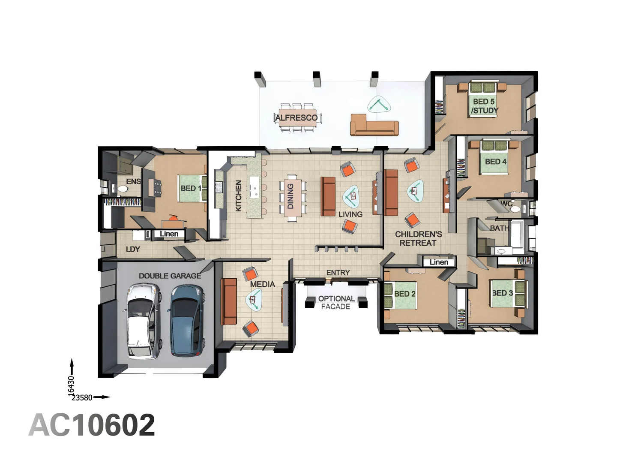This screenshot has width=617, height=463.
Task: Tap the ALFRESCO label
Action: [296, 117]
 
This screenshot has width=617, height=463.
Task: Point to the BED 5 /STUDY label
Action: [484, 106]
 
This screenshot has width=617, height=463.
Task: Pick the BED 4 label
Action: [496, 161]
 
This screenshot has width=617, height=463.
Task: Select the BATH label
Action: [499, 228]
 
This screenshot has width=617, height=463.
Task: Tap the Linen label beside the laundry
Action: [169, 234]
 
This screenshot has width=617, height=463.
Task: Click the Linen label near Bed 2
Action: [438, 262]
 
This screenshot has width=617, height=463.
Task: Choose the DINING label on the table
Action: [291, 196]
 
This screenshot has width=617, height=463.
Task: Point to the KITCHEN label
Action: [238, 195]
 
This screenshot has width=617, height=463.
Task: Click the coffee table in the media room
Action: [254, 299]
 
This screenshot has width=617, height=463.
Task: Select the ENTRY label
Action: [338, 272]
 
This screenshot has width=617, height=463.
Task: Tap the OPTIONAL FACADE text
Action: [336, 303]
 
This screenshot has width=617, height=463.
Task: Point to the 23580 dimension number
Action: [82, 398]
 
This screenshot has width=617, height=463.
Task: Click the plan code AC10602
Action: [92, 425]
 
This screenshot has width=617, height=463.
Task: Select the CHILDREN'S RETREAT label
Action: [418, 238]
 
